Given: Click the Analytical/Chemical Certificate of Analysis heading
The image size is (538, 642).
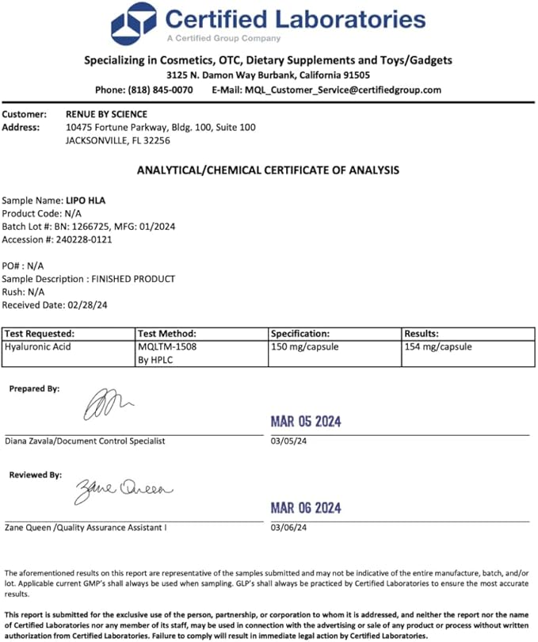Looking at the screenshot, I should [x=269, y=170].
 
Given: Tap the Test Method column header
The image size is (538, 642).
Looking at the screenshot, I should [x=166, y=334].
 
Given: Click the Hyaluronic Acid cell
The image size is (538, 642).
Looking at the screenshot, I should [x=38, y=346].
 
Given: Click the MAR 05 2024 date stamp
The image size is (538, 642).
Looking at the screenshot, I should [x=306, y=422].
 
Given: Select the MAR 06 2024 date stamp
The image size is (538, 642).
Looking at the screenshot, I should [x=306, y=508].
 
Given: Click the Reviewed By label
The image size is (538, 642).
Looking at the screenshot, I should [x=36, y=475].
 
